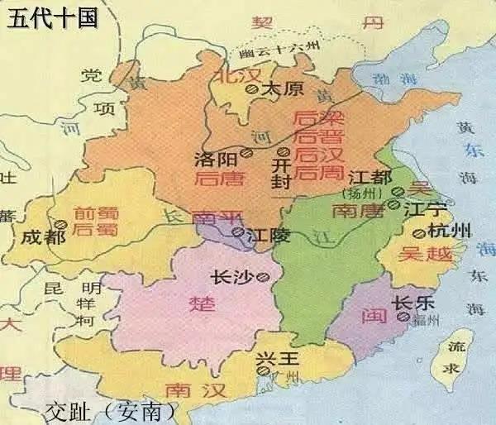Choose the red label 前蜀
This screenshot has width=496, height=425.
[x=93, y=212]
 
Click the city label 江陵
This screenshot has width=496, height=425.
[x=269, y=235]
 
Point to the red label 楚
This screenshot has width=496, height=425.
[x=203, y=303]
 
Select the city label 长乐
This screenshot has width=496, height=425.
[x=410, y=303]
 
